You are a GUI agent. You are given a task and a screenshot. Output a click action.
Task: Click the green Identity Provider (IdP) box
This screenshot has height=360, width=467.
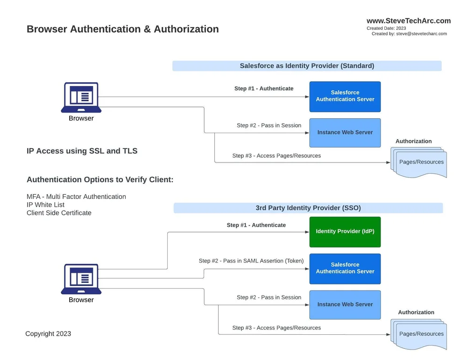click(345, 232)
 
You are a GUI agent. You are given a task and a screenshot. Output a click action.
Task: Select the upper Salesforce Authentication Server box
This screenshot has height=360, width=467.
click(345, 96)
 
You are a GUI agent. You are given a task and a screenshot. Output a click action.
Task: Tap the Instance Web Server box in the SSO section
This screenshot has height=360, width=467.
click(345, 304)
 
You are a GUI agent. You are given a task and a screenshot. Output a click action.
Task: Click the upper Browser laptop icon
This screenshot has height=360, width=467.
click(81, 97)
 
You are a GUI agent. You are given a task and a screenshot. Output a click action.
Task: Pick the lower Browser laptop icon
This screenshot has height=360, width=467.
click(81, 279)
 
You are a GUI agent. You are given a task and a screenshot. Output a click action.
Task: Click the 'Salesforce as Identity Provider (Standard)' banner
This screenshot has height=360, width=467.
click(307, 66)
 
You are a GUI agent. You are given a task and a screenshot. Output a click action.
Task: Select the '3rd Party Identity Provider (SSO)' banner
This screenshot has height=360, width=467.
click(308, 208)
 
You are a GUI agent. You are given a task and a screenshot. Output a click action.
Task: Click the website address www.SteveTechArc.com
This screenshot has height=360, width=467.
click(408, 21)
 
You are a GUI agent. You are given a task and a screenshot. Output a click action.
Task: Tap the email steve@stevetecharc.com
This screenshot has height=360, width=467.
click(421, 34)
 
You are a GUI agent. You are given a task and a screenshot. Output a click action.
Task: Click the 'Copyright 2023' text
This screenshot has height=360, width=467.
click(48, 333)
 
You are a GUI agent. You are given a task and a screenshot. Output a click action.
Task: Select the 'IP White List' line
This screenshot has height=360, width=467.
click(45, 205)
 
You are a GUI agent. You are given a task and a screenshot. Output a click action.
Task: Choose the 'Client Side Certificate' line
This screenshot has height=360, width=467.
click(59, 213)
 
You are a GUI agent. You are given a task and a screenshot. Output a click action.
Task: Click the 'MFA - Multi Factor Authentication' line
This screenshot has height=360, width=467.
click(76, 197)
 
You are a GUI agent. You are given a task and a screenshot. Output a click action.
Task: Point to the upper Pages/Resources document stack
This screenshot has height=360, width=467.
click(419, 162)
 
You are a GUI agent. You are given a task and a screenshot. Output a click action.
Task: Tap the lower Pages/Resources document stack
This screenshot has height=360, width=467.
click(419, 334)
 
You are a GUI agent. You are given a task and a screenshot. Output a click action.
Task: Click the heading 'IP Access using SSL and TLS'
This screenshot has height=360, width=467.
click(82, 151)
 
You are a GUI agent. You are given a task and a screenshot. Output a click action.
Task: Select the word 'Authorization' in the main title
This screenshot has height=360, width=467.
click(186, 29)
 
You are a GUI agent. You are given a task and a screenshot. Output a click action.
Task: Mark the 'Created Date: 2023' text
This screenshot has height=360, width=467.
click(386, 28)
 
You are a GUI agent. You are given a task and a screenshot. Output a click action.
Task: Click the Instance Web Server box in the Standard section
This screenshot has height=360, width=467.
click(345, 133)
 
